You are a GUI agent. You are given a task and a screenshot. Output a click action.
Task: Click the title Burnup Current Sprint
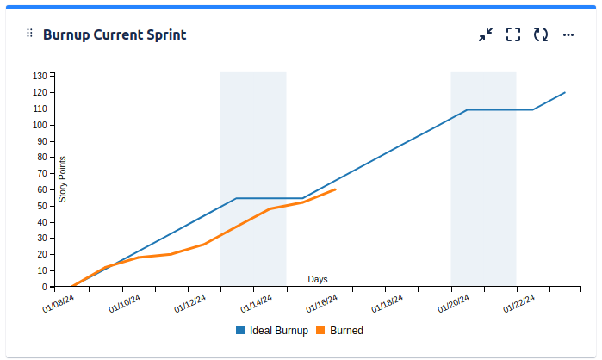click(x=115, y=34)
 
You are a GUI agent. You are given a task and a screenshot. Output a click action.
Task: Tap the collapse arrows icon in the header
click(x=486, y=34)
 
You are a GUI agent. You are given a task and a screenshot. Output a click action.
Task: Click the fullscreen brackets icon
click(x=513, y=34)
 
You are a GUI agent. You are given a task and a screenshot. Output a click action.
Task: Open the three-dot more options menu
click(x=568, y=34)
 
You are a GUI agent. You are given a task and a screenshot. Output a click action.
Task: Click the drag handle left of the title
click(x=29, y=34)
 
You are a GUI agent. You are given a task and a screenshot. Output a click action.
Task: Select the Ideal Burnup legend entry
click(x=271, y=330)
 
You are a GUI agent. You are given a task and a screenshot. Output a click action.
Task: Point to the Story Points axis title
click(x=62, y=179)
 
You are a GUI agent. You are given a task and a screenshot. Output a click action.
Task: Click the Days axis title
click(x=318, y=279)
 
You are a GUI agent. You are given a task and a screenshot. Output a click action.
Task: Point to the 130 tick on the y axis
click(x=40, y=76)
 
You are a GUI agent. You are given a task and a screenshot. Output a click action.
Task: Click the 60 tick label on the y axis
click(x=41, y=189)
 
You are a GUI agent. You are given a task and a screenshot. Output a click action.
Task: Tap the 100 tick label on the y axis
click(x=40, y=125)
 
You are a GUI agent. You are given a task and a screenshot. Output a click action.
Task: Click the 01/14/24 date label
click(x=257, y=303)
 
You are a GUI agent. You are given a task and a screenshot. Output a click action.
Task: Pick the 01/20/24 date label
click(x=454, y=303)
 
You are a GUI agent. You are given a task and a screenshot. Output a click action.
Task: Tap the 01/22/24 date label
click(x=519, y=303)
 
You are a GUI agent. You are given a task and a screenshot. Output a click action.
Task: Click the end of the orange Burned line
click(x=335, y=189)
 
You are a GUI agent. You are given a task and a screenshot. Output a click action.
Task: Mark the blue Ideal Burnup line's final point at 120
click(x=565, y=92)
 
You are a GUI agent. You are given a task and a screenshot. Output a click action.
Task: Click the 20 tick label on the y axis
click(x=41, y=254)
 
